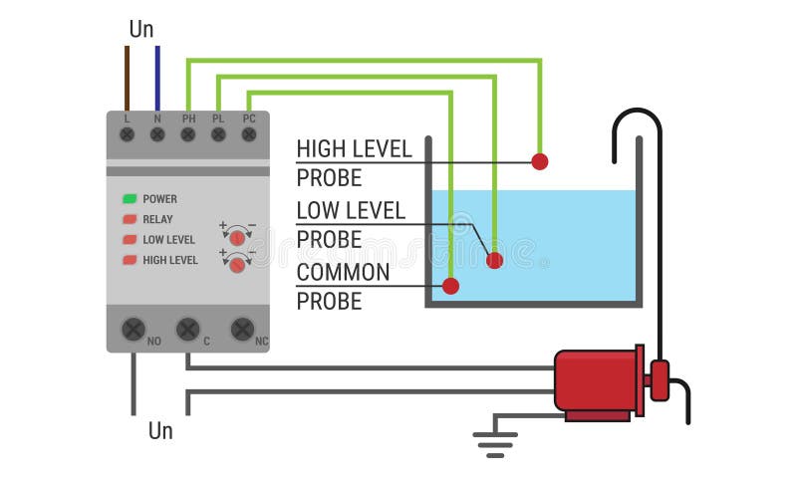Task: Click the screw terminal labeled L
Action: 127,133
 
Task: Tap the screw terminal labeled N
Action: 157,133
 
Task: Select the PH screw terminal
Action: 188,133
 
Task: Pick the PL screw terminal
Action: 218,133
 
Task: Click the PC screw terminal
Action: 249,133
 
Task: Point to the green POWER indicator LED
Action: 130,199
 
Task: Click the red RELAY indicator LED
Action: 130,219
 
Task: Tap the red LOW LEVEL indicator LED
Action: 130,240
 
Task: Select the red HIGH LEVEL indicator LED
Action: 130,260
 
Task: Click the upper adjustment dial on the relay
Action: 237,236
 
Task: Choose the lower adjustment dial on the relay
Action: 237,263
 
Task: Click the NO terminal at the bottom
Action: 133,328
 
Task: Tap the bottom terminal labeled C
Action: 187,328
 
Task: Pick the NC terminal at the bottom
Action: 242,328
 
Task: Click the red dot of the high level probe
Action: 540,161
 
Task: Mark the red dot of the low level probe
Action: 494,261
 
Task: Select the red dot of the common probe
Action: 450,287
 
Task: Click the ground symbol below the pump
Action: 495,442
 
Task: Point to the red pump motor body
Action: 594,380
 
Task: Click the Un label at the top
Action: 141,29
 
